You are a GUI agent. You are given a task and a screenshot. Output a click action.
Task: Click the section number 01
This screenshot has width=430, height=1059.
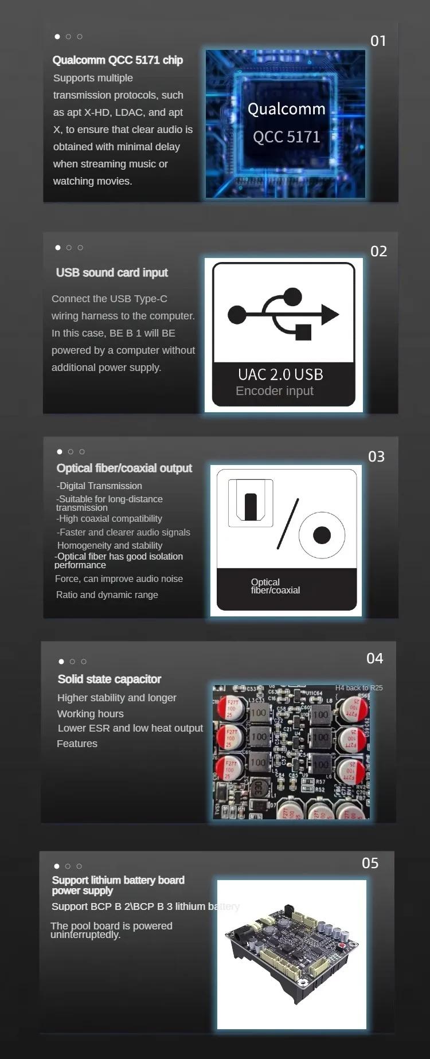tap(378, 41)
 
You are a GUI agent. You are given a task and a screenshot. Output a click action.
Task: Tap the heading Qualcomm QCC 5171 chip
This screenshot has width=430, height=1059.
tap(118, 60)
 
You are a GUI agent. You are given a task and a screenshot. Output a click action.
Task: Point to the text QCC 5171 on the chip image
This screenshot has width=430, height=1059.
tap(287, 137)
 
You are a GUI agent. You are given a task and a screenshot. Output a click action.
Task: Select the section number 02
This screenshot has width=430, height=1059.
tap(378, 251)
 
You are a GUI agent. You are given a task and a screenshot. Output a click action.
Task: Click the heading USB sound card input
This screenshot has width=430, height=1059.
tap(112, 273)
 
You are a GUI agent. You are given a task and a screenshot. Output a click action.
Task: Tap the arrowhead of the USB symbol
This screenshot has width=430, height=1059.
tap(330, 314)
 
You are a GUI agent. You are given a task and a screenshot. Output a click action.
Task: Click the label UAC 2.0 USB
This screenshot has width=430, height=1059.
tap(280, 374)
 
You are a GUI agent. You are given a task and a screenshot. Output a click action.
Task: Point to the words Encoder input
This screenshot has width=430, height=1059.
tap(275, 391)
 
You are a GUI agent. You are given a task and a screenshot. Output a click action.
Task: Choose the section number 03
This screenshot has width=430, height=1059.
tap(376, 456)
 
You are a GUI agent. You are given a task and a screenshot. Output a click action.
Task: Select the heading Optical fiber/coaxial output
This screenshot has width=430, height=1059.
tap(124, 468)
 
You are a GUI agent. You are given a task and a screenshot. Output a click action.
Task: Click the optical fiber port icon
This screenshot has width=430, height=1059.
tap(251, 502)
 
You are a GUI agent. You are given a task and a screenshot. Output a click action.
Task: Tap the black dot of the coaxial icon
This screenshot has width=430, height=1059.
tap(322, 534)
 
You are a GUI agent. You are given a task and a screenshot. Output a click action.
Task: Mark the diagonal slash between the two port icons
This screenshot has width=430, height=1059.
tap(288, 523)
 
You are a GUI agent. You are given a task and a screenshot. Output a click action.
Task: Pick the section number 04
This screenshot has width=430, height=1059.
tap(374, 658)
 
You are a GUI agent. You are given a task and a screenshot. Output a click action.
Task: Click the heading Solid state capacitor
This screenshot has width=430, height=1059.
tap(110, 679)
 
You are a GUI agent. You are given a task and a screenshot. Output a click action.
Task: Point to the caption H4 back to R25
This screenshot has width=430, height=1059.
tap(359, 688)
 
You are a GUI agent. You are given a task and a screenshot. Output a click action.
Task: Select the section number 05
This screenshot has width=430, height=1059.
tap(370, 863)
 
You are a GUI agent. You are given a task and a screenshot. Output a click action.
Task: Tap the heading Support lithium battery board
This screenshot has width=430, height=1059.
tap(118, 880)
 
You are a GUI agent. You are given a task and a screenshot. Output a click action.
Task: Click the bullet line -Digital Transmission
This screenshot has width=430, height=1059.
tap(99, 486)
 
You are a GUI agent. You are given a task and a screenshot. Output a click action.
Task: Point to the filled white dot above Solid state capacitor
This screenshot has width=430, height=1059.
tap(61, 662)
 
